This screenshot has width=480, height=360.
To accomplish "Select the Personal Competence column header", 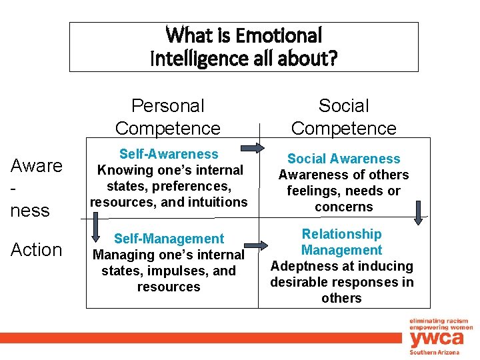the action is tap(168, 117).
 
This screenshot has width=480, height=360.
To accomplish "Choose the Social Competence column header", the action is tap(344, 117).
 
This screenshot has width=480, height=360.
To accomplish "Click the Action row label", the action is tap(36, 250).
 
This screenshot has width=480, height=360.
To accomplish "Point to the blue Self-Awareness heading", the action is tap(169, 154).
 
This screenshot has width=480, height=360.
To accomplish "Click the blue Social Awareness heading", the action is tap(344, 159).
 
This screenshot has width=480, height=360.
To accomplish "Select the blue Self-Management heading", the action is tap(169, 239).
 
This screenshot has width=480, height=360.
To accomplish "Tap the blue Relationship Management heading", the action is tap(341, 242).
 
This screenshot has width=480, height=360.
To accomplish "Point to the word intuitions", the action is tap(217, 202).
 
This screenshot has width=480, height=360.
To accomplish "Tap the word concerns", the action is tap(344, 207).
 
